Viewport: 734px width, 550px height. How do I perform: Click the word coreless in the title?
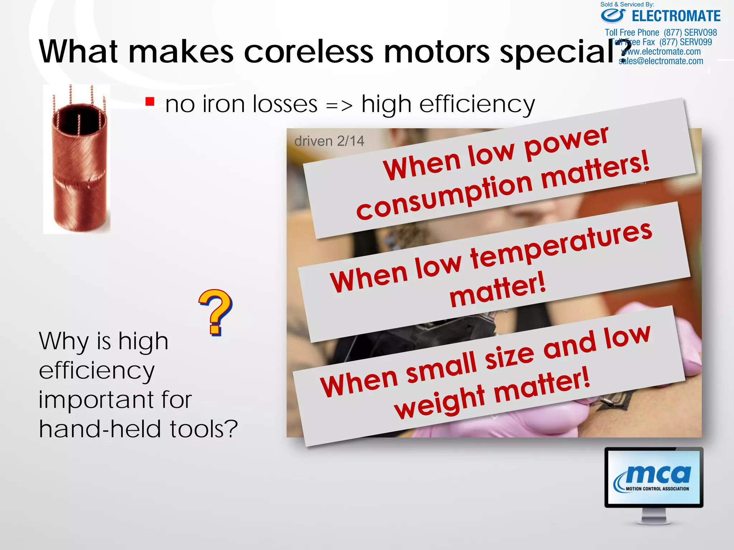309,52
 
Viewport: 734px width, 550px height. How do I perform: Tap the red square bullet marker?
150,102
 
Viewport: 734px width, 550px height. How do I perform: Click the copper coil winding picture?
77,159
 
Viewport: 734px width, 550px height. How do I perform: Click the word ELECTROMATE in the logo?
676,16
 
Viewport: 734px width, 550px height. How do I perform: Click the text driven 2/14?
329,141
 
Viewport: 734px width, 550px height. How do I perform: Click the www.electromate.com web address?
661,52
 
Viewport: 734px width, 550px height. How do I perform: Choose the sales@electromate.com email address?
661,61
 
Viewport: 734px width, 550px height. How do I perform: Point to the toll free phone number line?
661,33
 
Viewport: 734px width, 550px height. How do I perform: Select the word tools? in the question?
204,429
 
